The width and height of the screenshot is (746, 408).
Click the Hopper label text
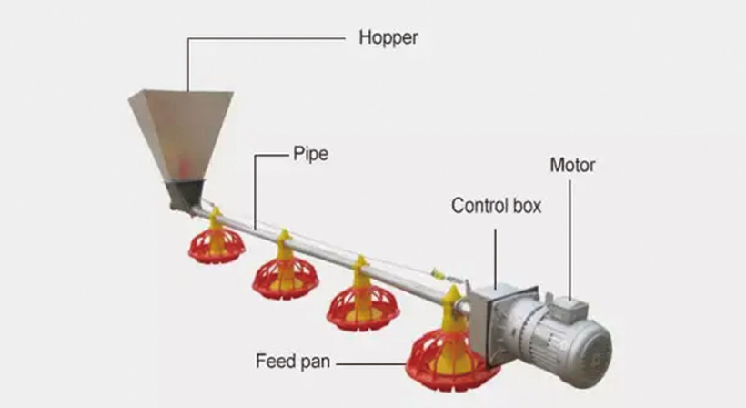click(x=388, y=38)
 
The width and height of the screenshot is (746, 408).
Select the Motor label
click(x=572, y=166)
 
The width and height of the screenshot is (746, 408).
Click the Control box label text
click(x=496, y=206)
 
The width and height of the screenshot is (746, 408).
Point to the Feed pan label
click(x=292, y=362)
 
